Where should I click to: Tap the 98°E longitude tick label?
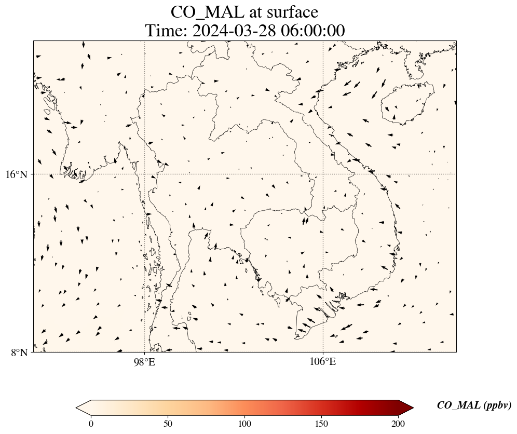point(144,361)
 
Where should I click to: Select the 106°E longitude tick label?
point(323,361)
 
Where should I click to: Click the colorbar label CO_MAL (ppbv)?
point(474,405)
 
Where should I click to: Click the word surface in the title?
point(290,12)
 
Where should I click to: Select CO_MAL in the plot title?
point(207,12)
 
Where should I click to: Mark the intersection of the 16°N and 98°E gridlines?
point(144,174)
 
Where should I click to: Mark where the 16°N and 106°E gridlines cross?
point(323,174)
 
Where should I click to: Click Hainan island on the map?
point(403,106)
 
